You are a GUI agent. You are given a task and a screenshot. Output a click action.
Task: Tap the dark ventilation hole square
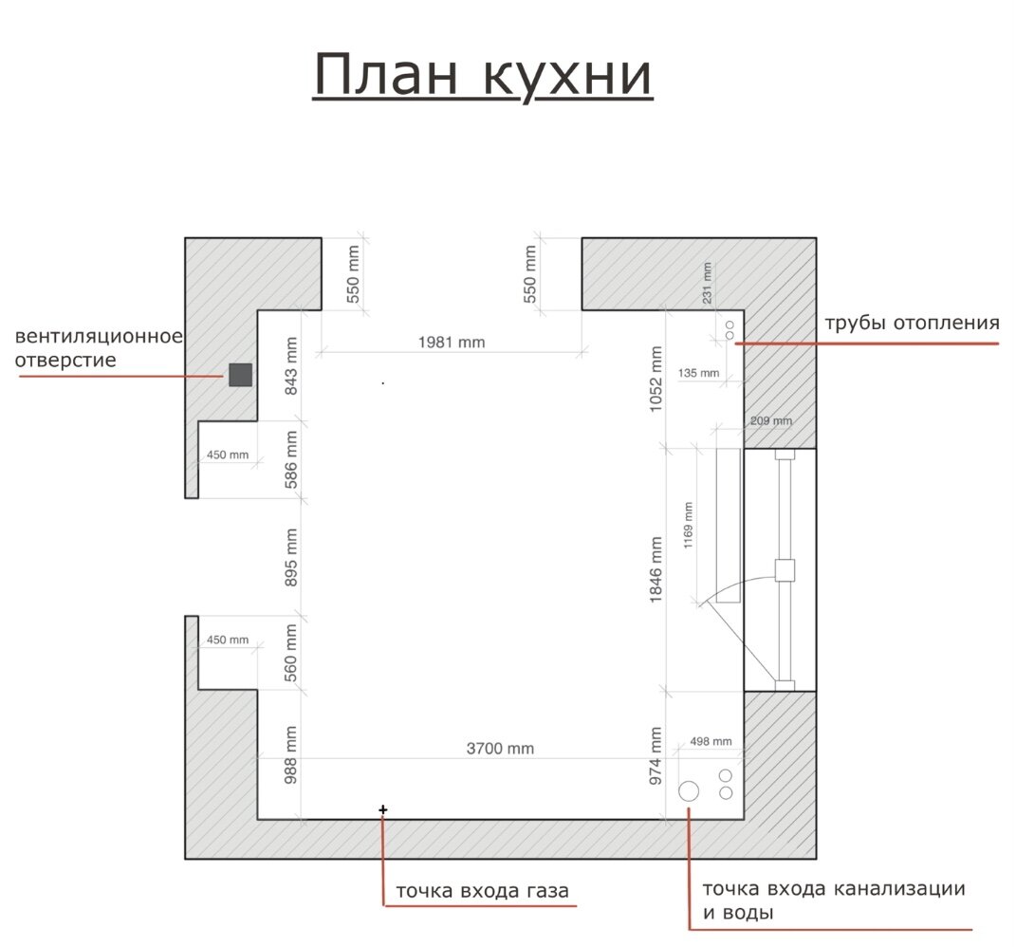(x=240, y=375)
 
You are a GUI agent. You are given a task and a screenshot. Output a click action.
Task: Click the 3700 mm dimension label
(x=500, y=749)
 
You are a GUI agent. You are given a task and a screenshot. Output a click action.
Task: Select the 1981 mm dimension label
(x=452, y=343)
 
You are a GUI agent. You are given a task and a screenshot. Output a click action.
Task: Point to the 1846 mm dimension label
(x=656, y=569)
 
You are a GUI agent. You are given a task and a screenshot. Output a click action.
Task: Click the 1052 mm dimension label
(x=656, y=379)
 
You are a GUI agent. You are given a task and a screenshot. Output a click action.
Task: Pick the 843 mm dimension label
(x=291, y=366)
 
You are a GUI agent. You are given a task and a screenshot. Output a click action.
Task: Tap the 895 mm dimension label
(x=291, y=558)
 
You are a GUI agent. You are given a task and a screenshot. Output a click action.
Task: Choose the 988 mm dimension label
(x=291, y=755)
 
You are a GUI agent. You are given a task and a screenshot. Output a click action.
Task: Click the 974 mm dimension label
(x=656, y=755)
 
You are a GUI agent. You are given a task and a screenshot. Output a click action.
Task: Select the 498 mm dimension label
(x=711, y=741)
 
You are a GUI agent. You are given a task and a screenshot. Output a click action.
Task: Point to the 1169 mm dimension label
(x=688, y=525)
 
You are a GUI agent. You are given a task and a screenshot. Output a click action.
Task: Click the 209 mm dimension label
(x=771, y=420)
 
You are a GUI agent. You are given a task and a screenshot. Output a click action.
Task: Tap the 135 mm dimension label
(x=698, y=373)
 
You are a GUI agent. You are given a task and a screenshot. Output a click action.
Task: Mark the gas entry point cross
(x=383, y=809)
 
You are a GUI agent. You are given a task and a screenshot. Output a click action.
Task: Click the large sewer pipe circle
(x=689, y=791)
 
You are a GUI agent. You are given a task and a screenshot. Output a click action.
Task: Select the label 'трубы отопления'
(x=912, y=323)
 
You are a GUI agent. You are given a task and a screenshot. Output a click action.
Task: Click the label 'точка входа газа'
(x=482, y=891)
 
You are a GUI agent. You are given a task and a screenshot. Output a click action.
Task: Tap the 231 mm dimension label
(x=707, y=283)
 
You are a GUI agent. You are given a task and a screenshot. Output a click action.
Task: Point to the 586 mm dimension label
(x=291, y=459)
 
